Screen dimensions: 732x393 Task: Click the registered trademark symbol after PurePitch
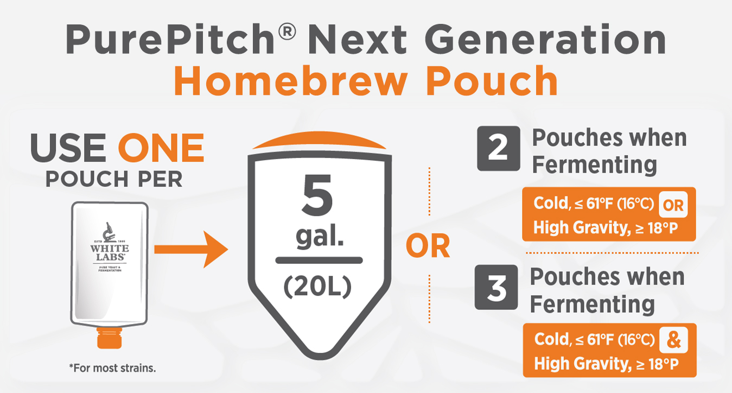pyautogui.click(x=287, y=31)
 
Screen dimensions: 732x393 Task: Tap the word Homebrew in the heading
pyautogui.click(x=291, y=80)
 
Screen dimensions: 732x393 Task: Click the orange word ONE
pyautogui.click(x=161, y=148)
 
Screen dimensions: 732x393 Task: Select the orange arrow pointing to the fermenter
pyautogui.click(x=191, y=249)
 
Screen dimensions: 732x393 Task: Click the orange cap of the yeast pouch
pyautogui.click(x=110, y=338)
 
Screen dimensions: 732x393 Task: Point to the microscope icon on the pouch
pyautogui.click(x=109, y=232)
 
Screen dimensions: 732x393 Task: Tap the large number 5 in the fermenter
pyautogui.click(x=317, y=195)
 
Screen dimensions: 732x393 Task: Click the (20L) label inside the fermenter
pyautogui.click(x=317, y=287)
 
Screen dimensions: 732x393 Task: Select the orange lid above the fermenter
pyautogui.click(x=319, y=141)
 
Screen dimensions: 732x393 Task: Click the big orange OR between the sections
pyautogui.click(x=428, y=246)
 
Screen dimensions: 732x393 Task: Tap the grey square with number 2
pyautogui.click(x=498, y=148)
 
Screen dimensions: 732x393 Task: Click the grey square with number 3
pyautogui.click(x=496, y=287)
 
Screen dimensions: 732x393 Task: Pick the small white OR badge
pyautogui.click(x=673, y=205)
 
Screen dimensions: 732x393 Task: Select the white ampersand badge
pyautogui.click(x=674, y=340)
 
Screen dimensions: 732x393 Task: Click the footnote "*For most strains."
pyautogui.click(x=112, y=368)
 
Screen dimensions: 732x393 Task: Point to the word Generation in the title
pyautogui.click(x=545, y=39)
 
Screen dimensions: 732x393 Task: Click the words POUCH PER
pyautogui.click(x=114, y=179)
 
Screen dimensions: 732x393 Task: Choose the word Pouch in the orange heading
pyautogui.click(x=492, y=80)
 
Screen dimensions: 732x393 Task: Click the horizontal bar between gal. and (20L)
pyautogui.click(x=319, y=260)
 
